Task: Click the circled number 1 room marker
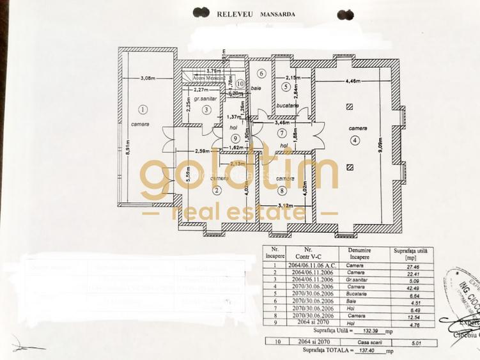tap(143, 109)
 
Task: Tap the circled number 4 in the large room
tap(355, 139)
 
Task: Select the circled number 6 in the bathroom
tap(261, 74)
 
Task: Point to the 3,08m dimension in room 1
tap(148, 79)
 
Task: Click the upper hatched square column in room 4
tap(349, 107)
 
